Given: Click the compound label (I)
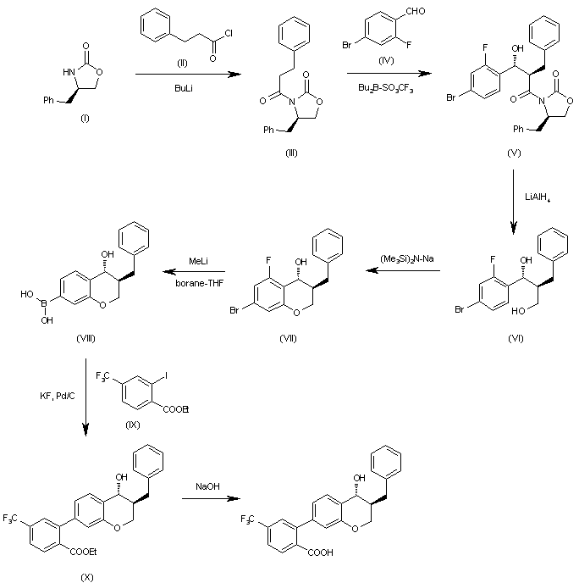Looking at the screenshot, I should click(84, 116).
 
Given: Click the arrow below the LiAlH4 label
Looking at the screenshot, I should click(514, 199).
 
